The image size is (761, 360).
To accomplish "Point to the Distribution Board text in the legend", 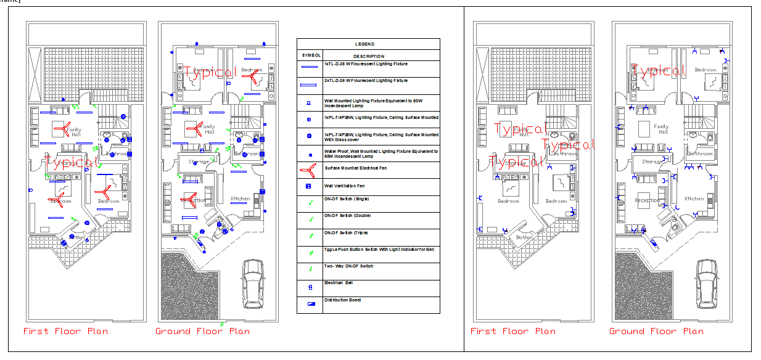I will pos(342,300).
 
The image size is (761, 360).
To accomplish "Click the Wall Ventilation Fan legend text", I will pos(345,185).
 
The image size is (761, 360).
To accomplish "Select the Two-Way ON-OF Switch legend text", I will pos(348,266).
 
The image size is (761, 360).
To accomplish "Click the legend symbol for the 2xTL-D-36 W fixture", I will pos(310,85).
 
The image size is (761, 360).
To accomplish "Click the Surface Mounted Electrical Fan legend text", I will pos(357,167).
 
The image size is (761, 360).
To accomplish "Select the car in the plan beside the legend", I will pos(252,284).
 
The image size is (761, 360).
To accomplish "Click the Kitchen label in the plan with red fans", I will pos(240,198).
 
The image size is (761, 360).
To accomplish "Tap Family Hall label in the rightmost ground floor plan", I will pos(662,129).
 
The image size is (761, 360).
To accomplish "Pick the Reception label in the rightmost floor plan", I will pos(647,200).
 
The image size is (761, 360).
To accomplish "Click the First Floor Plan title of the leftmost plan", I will pos(65,331).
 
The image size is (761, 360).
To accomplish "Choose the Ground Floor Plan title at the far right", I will pos(656,331).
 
